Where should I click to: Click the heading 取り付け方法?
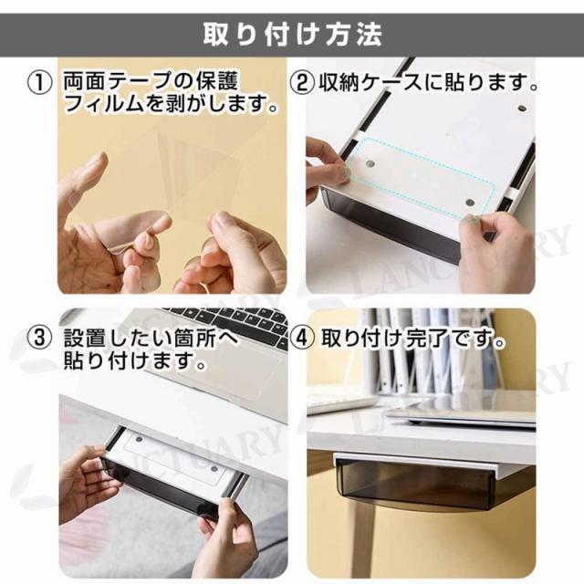point(292,35)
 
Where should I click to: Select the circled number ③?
point(39,339)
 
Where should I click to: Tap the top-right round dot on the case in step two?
point(522,109)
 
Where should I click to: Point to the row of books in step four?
point(428,350)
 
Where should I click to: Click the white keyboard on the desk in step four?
point(340,403)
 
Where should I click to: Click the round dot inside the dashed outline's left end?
point(370,164)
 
